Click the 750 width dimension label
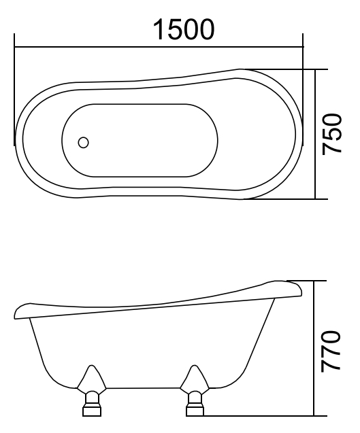click(332, 134)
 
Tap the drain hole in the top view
click(84, 143)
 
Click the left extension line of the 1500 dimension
click(14, 95)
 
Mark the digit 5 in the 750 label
click(332, 134)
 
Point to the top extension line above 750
click(286, 69)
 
